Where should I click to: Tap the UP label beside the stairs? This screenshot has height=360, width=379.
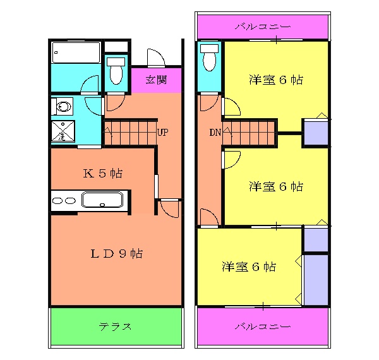pyautogui.click(x=162, y=133)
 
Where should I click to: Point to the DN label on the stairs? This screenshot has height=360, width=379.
pyautogui.click(x=215, y=133)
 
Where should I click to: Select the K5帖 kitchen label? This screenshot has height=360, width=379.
pyautogui.click(x=102, y=173)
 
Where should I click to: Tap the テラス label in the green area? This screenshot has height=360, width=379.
pyautogui.click(x=115, y=327)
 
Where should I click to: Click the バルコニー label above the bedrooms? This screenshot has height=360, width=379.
pyautogui.click(x=262, y=27)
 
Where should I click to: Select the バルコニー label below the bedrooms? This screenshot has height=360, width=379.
pyautogui.click(x=262, y=327)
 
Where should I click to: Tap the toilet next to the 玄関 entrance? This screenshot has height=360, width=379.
pyautogui.click(x=116, y=71)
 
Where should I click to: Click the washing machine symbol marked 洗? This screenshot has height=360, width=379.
pyautogui.click(x=63, y=133)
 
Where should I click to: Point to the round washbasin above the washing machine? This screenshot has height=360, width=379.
pyautogui.click(x=63, y=106)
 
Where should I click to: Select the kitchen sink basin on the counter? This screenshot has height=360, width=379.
pyautogui.click(x=104, y=201)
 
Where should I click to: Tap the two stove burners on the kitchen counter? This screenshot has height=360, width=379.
pyautogui.click(x=63, y=201)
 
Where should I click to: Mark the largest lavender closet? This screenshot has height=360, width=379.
pyautogui.click(x=316, y=280)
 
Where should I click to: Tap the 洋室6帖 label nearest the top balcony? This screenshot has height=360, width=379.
pyautogui.click(x=275, y=80)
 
